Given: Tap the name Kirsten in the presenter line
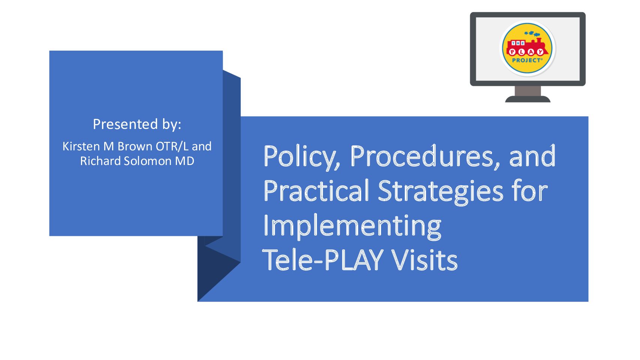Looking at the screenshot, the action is point(81,146).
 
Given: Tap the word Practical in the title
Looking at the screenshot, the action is point(316,190).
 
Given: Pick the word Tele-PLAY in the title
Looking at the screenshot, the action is point(323,259).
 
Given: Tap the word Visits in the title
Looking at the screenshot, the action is point(424,259).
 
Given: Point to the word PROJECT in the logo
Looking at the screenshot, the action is point(527,60).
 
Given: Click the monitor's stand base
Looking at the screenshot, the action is point(528,99).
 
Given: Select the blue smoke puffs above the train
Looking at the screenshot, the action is point(532,33).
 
